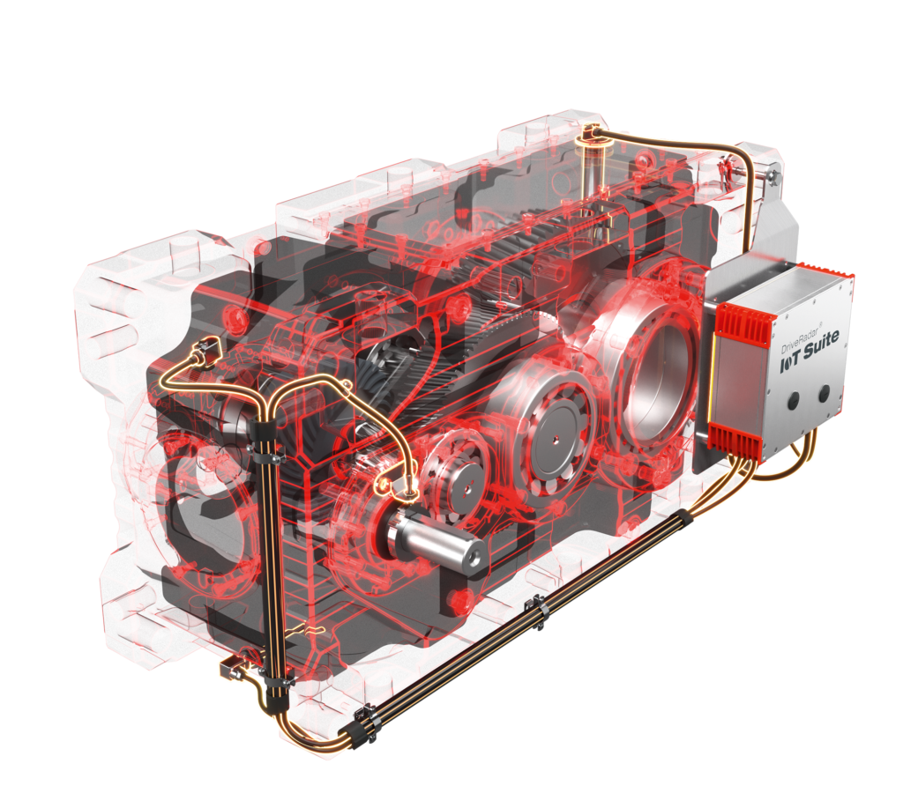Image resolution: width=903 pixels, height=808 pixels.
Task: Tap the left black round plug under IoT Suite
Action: coord(793,401)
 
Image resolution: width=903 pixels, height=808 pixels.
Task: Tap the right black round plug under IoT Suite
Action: coord(824,394)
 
